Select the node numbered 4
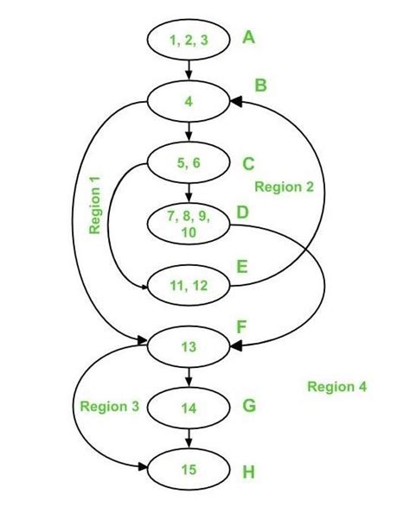(x=189, y=101)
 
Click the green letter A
(x=249, y=38)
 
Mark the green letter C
(x=248, y=162)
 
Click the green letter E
(x=244, y=268)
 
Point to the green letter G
(x=249, y=404)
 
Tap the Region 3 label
(x=109, y=405)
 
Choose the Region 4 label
(x=336, y=386)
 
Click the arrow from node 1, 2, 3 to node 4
(x=189, y=70)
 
